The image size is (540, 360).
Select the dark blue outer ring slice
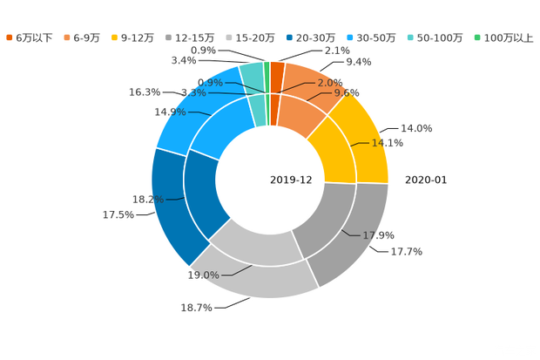167,205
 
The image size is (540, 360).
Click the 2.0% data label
328,82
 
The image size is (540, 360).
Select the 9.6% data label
347,92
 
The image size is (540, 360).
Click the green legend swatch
476,37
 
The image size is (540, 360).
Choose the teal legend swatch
409,37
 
